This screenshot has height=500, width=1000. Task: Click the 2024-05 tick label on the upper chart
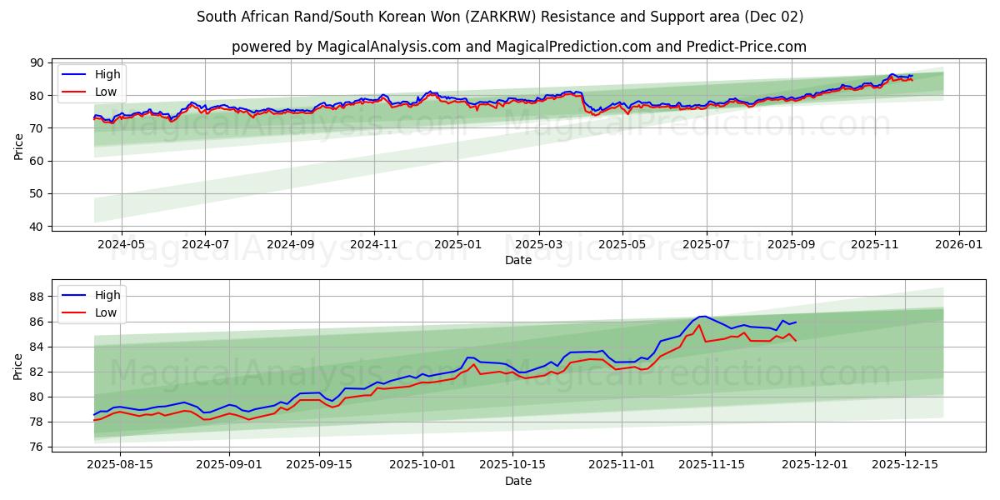(x=121, y=245)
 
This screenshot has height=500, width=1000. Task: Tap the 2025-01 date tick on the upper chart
(x=457, y=245)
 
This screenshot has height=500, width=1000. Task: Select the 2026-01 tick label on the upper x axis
(x=959, y=245)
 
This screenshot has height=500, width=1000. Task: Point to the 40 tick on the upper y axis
(x=36, y=227)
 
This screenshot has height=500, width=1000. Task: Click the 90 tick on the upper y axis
(x=36, y=62)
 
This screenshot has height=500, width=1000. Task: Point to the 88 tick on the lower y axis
(x=36, y=297)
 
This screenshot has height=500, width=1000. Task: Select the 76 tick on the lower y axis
(x=36, y=447)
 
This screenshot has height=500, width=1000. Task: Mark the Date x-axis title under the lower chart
(x=518, y=481)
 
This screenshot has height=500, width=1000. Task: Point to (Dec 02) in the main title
(x=772, y=17)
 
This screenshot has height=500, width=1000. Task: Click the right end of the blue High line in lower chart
(x=796, y=322)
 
